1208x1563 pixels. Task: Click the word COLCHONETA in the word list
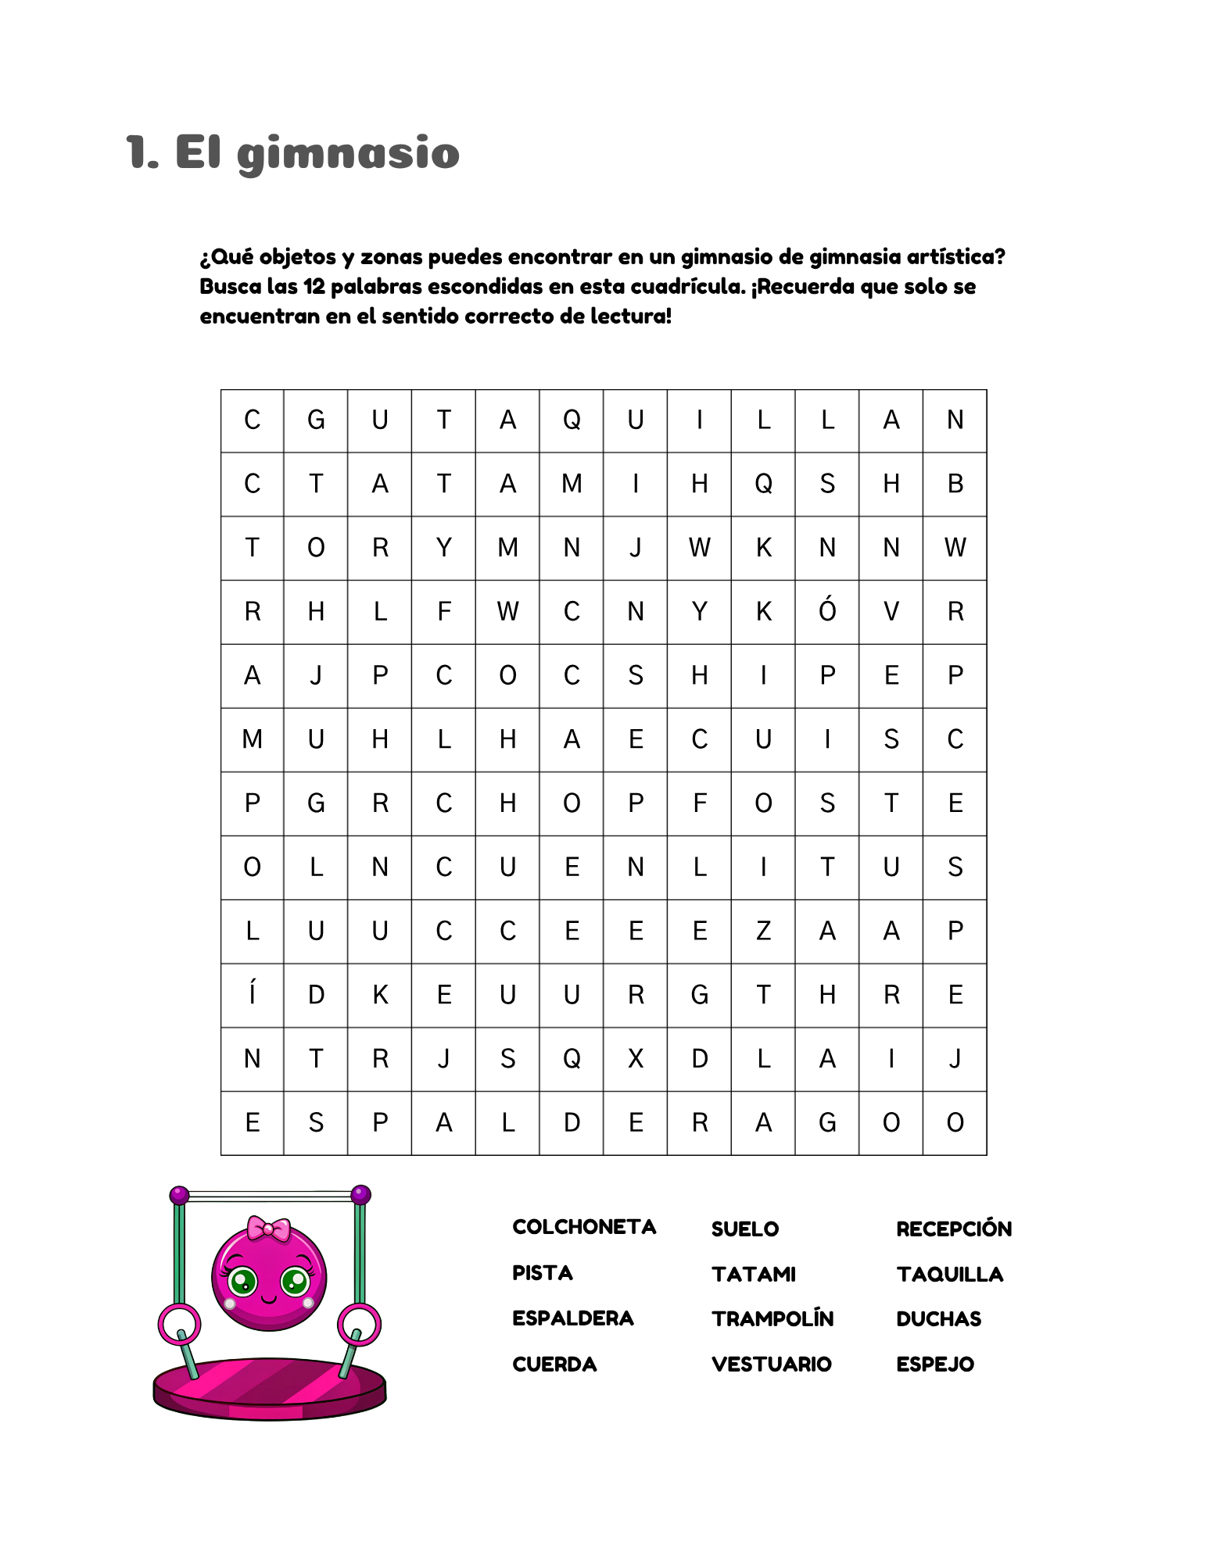click(x=584, y=1227)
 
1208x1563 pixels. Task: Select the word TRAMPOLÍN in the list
click(x=772, y=1319)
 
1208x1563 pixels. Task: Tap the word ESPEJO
click(x=935, y=1364)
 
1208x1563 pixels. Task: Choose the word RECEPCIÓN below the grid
click(x=954, y=1229)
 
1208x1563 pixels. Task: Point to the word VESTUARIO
click(x=772, y=1364)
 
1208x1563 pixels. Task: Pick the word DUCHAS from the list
click(x=938, y=1319)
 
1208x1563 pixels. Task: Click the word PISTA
click(x=543, y=1273)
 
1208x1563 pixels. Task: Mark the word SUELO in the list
click(x=745, y=1229)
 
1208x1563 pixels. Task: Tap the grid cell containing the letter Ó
click(x=827, y=612)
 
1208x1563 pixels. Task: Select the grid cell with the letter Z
click(x=763, y=931)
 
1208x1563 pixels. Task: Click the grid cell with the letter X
click(x=636, y=1059)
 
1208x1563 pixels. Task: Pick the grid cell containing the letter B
click(x=955, y=484)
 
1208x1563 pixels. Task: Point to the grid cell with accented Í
click(x=252, y=995)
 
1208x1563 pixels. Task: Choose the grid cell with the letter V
click(x=891, y=612)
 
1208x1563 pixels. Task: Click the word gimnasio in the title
click(x=348, y=153)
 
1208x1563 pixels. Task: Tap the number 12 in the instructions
click(x=314, y=287)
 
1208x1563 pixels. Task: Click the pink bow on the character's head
click(x=268, y=1229)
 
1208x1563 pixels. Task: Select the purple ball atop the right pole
click(x=360, y=1194)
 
